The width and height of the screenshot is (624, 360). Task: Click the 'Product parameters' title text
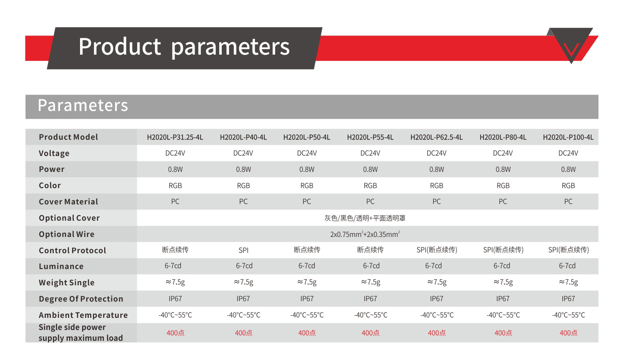(x=184, y=47)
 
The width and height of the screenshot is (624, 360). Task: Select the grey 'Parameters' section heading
(x=83, y=106)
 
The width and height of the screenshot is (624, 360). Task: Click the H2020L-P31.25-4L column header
(x=175, y=137)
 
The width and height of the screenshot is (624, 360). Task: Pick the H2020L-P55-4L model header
(x=370, y=137)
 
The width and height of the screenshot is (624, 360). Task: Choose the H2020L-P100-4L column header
(x=568, y=137)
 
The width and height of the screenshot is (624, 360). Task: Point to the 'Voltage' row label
(x=54, y=154)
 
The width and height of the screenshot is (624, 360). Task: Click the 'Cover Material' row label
(x=68, y=201)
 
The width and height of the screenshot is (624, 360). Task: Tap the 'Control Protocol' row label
(x=73, y=250)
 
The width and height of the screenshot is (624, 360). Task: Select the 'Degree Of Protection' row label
(x=81, y=299)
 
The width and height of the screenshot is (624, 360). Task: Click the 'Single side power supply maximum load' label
(x=80, y=332)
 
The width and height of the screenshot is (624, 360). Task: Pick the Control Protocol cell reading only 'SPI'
(x=243, y=250)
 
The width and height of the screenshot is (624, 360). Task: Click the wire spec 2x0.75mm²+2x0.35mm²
(x=365, y=234)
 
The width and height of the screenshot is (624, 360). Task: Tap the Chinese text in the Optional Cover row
(x=365, y=218)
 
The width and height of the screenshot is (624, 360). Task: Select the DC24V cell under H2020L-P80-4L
(x=503, y=153)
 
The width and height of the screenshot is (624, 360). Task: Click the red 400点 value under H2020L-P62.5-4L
(x=436, y=332)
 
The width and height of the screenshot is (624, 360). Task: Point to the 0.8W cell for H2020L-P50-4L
(x=307, y=169)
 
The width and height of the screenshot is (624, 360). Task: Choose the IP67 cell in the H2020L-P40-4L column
(x=243, y=299)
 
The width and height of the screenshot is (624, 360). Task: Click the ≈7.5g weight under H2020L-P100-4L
(x=568, y=282)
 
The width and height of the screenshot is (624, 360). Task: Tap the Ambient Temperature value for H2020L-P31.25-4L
(x=175, y=315)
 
